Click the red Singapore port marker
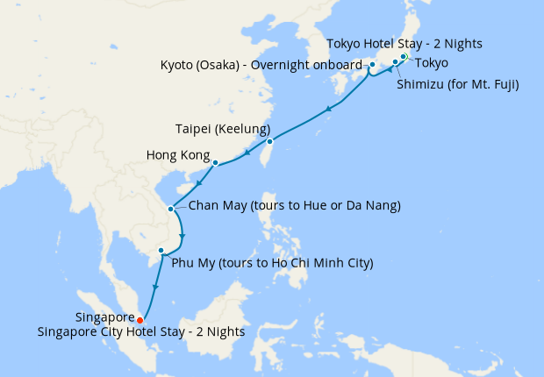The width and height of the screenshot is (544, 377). (x=140, y=320)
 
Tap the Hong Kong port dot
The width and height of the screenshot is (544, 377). (x=215, y=162)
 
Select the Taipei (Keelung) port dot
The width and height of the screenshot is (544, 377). (x=269, y=141)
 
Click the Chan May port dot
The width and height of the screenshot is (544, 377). (x=170, y=209)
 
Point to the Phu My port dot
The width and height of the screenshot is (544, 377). (x=161, y=251)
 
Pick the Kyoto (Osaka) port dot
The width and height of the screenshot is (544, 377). (x=372, y=65)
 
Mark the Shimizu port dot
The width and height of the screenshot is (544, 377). (x=395, y=62)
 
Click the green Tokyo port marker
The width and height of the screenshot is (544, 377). (x=404, y=57)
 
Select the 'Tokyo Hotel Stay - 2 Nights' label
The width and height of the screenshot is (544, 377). (x=404, y=43)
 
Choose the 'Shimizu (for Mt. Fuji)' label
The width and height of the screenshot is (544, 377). (x=457, y=85)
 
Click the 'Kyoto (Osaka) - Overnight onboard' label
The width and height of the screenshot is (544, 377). (x=261, y=65)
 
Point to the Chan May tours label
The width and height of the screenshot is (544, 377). (x=295, y=206)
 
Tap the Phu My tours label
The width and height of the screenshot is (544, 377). (x=272, y=263)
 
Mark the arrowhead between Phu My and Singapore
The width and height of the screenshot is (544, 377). (x=154, y=288)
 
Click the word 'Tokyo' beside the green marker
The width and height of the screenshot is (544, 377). (x=431, y=62)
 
